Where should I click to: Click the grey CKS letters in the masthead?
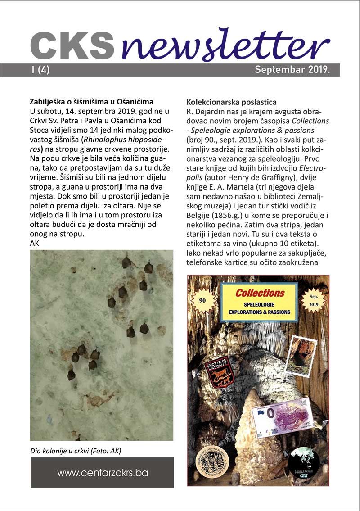click(x=72, y=46)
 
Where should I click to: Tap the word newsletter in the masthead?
click(x=225, y=45)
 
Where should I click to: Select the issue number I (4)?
click(x=41, y=70)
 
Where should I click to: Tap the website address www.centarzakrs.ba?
click(x=102, y=473)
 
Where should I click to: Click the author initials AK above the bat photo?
click(x=34, y=243)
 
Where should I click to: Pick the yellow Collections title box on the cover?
click(x=259, y=302)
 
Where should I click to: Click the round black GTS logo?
click(x=304, y=464)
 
